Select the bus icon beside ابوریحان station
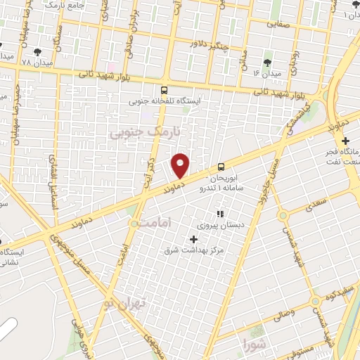(x=221, y=167)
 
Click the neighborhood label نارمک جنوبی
(x=146, y=131)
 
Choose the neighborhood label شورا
(x=252, y=345)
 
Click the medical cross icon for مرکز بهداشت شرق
(x=194, y=239)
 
